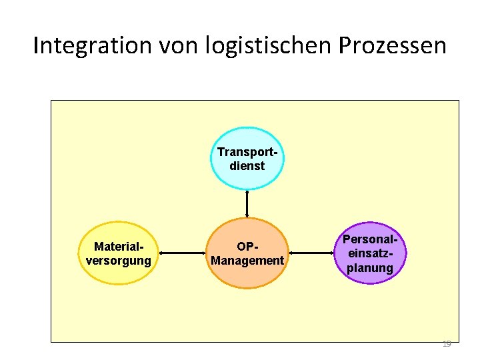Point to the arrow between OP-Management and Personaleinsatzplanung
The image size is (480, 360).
click(311, 253)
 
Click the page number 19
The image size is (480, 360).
click(447, 344)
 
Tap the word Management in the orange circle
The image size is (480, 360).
click(247, 261)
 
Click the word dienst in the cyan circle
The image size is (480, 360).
click(247, 166)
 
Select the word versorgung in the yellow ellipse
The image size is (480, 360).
click(119, 261)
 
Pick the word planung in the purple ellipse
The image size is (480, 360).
click(370, 269)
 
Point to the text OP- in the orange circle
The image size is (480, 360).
click(247, 247)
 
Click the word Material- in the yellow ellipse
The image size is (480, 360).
click(119, 247)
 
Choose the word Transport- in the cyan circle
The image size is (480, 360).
click(247, 152)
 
